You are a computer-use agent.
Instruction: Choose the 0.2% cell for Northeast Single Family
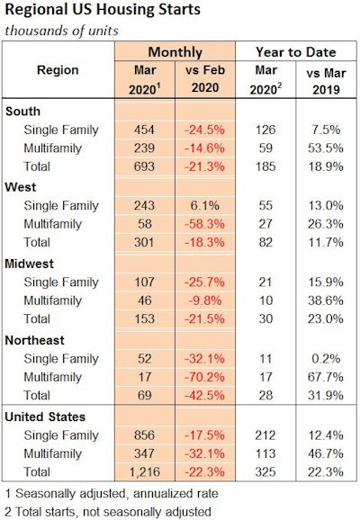point(328,358)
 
